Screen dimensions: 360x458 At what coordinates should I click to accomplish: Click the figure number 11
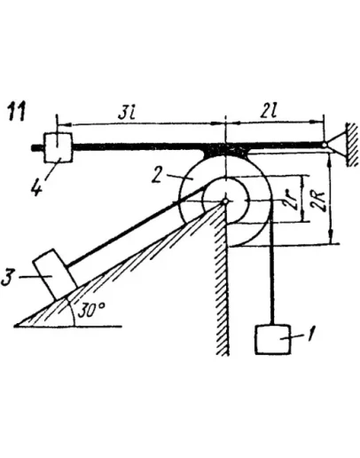tap(17, 111)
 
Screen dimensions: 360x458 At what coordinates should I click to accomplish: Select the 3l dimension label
tap(126, 114)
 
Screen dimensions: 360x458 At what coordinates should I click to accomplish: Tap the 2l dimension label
tap(269, 112)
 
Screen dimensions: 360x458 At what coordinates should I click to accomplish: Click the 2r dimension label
tap(293, 200)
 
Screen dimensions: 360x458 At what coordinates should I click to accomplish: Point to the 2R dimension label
tap(320, 201)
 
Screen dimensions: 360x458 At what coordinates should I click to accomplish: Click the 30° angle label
tap(91, 310)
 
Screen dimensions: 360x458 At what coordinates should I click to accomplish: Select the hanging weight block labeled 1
tap(273, 340)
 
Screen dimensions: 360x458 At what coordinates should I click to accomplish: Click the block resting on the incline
tap(55, 274)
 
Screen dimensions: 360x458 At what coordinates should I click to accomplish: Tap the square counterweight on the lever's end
tap(58, 147)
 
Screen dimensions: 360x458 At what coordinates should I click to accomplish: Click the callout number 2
tap(157, 175)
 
